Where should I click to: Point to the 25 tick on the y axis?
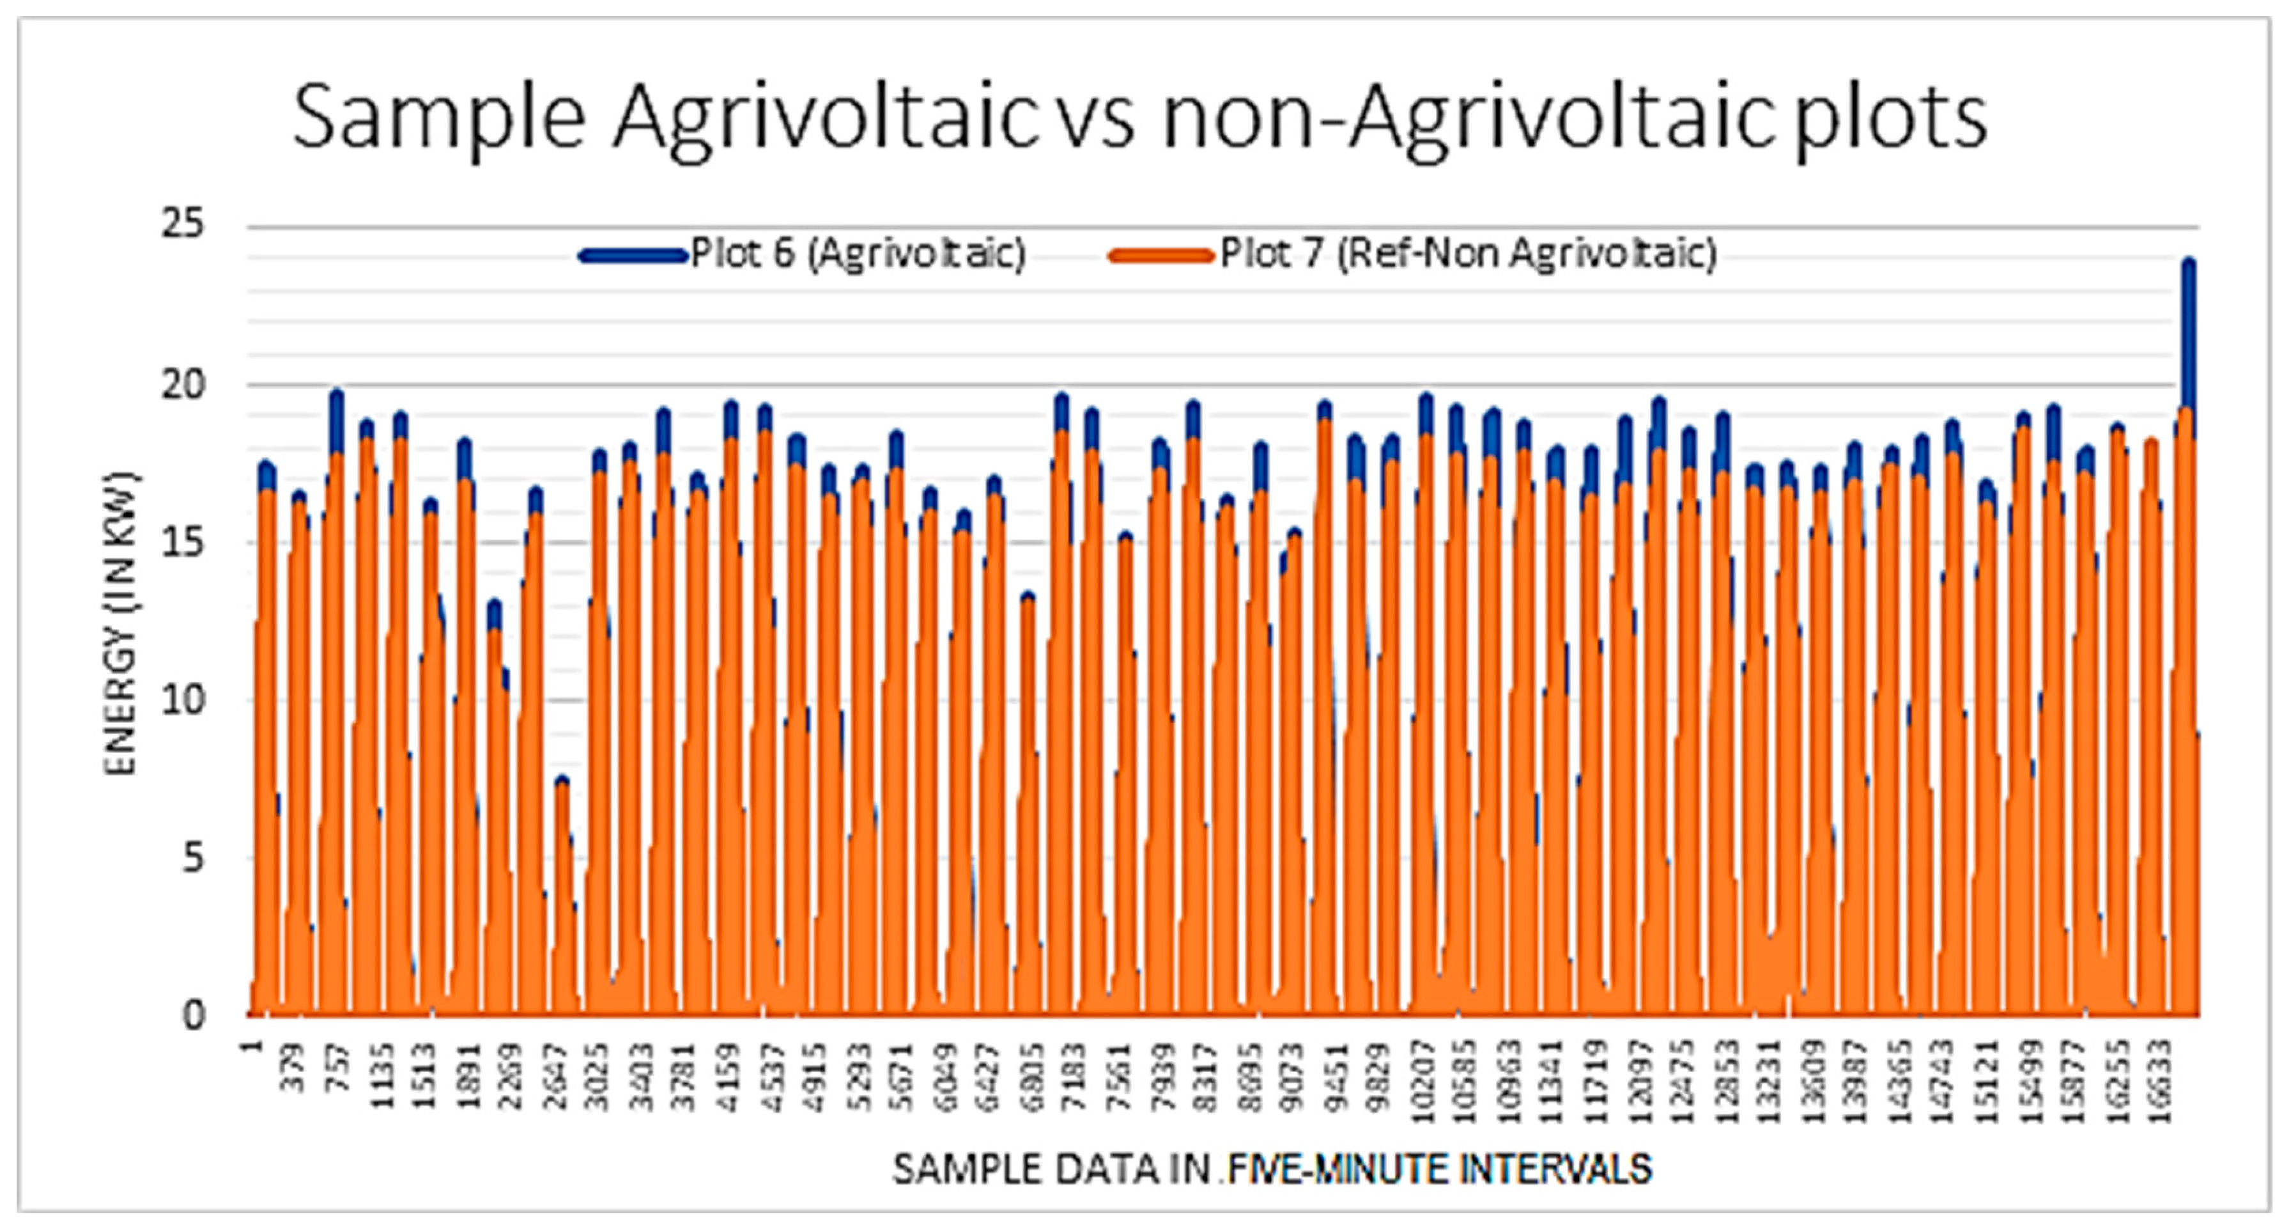(x=183, y=225)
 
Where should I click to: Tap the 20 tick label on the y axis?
(x=183, y=385)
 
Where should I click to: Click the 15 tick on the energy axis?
(x=183, y=542)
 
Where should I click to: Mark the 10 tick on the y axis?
(x=183, y=700)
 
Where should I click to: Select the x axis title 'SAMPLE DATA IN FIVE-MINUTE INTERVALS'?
(x=1271, y=1170)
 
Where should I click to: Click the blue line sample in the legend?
(x=633, y=255)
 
